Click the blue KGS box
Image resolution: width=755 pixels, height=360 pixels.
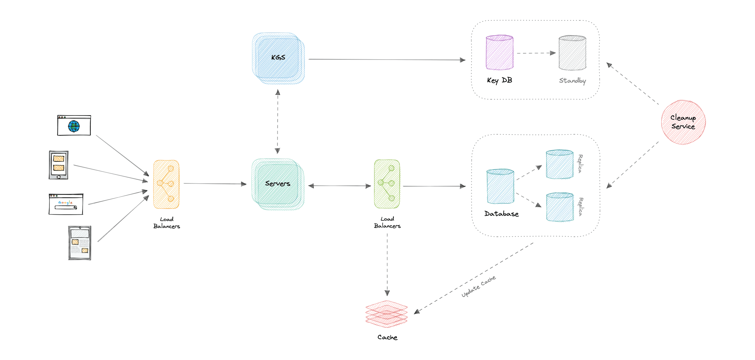[x=278, y=58]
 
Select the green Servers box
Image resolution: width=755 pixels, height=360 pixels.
[x=278, y=184]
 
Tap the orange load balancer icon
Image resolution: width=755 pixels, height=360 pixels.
[x=166, y=184]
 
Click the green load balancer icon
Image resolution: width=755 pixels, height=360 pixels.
[x=387, y=184]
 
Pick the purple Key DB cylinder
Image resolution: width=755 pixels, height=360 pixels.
[x=499, y=53]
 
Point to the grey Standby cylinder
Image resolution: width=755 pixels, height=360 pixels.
[x=572, y=53]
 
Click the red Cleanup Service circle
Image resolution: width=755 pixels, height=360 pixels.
[x=683, y=122]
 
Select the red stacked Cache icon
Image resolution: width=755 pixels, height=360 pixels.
[x=386, y=314]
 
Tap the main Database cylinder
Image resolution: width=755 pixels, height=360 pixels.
[x=500, y=186]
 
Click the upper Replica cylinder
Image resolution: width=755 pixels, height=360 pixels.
[x=559, y=164]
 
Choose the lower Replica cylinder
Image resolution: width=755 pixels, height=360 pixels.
[x=559, y=207]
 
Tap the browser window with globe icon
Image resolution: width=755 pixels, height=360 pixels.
[x=74, y=125]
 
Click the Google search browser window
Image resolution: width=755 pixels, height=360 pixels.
[x=66, y=204]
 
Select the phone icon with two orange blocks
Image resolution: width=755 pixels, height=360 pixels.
[x=59, y=165]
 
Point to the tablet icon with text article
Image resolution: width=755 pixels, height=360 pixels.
[x=80, y=243]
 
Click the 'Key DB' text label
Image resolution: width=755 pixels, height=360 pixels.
[x=499, y=80]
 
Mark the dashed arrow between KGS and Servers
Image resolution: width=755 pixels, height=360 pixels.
[x=278, y=122]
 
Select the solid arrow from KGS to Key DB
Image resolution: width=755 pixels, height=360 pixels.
[x=387, y=60]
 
